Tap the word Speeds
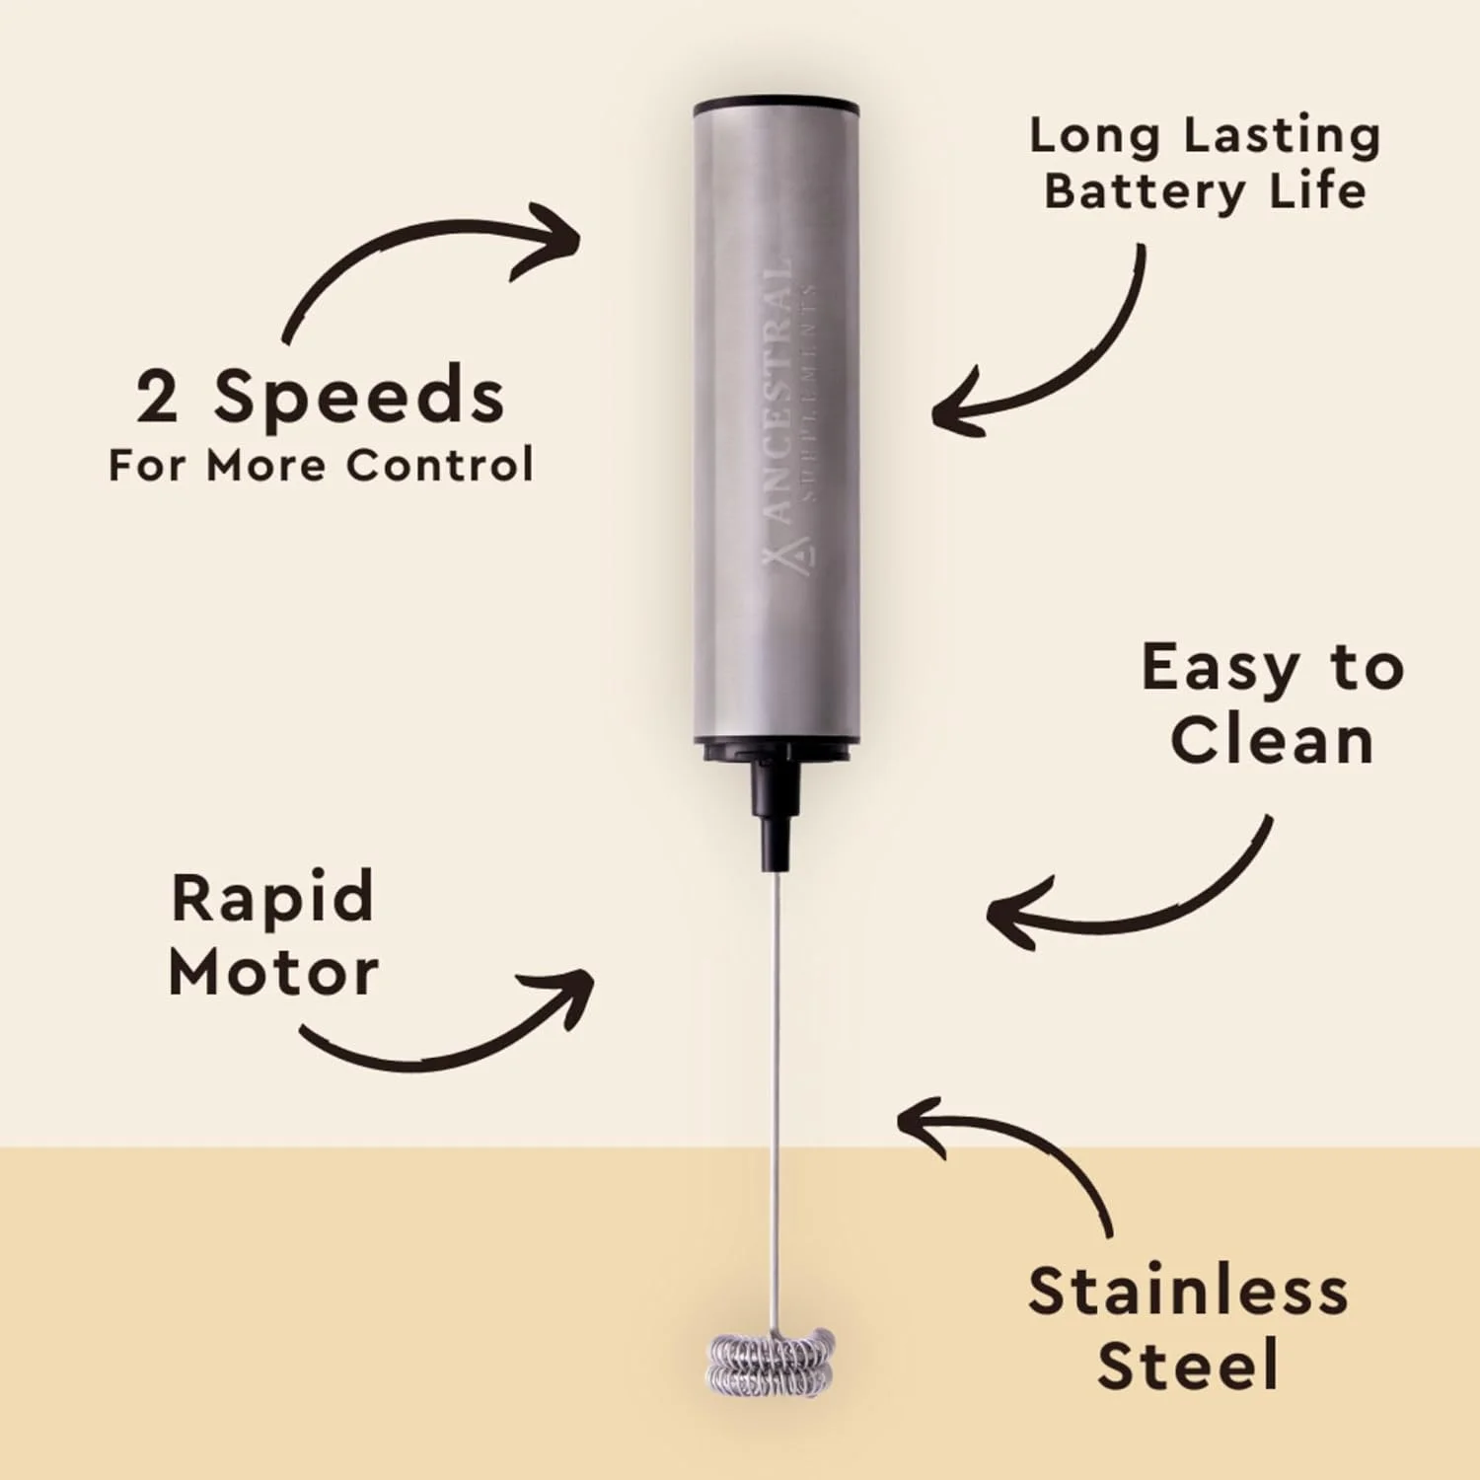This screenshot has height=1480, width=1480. click(x=360, y=398)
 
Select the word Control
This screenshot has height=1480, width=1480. click(x=440, y=465)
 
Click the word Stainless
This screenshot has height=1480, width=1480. click(x=1188, y=1291)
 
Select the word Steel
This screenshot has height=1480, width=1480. click(x=1188, y=1365)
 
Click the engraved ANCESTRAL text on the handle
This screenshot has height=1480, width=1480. click(x=779, y=391)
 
